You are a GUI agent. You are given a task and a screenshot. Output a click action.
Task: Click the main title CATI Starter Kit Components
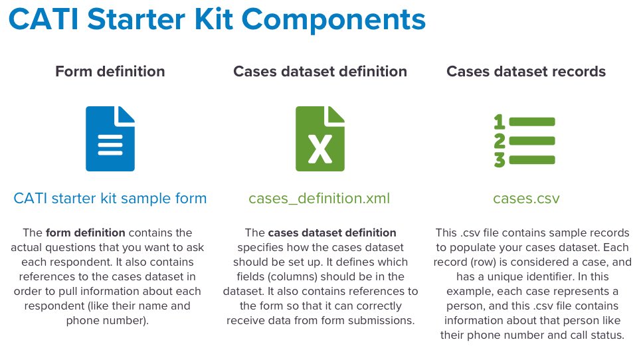point(217,20)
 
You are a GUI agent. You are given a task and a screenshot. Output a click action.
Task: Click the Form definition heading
point(110,72)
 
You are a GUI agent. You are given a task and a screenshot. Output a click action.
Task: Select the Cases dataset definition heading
point(320,72)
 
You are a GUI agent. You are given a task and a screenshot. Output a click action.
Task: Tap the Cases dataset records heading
point(526,72)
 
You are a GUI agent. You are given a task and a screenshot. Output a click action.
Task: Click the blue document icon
point(110,139)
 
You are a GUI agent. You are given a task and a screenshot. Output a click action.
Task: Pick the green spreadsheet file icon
point(320,139)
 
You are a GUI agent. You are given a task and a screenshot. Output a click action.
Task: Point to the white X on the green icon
point(320,149)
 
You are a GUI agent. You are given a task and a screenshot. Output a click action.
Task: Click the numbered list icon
point(525,141)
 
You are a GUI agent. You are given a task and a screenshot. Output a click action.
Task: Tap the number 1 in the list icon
point(499,122)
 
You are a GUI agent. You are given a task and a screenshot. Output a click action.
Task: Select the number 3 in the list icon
point(500,160)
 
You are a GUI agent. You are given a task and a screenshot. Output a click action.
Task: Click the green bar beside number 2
point(532,141)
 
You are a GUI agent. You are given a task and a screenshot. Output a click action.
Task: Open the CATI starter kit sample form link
point(110,199)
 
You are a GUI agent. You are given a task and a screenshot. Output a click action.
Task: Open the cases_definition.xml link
point(320,199)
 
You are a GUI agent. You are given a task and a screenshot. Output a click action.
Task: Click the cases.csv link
point(526,199)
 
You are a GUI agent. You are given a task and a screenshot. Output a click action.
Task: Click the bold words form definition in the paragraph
point(86,232)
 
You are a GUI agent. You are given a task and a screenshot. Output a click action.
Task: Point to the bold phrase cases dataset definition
point(332,232)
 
